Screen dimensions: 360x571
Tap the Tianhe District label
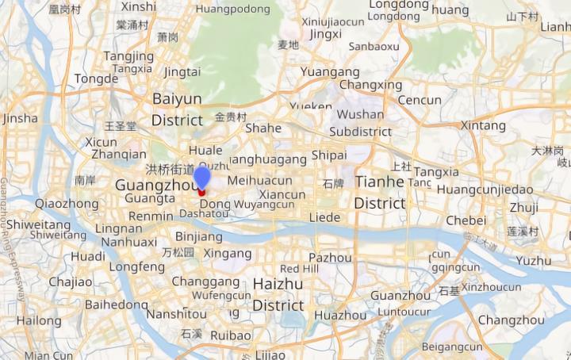point(380,193)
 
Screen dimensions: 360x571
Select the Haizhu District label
point(278,294)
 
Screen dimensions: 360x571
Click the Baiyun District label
point(177,109)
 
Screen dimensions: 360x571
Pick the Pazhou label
point(330,257)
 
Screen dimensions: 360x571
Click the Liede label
point(324,216)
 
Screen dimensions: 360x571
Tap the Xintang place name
point(483,125)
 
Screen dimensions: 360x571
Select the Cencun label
point(420,100)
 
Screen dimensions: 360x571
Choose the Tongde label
point(96,79)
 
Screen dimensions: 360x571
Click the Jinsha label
point(21,118)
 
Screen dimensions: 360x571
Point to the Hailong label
point(39,320)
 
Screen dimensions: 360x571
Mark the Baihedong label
point(117,304)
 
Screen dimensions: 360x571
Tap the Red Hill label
point(299,269)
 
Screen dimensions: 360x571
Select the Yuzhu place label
point(533,260)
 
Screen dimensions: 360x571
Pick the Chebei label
point(466,220)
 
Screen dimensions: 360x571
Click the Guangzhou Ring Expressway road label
point(12,238)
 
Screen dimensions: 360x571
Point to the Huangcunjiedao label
point(485,190)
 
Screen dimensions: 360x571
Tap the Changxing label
point(370,85)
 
